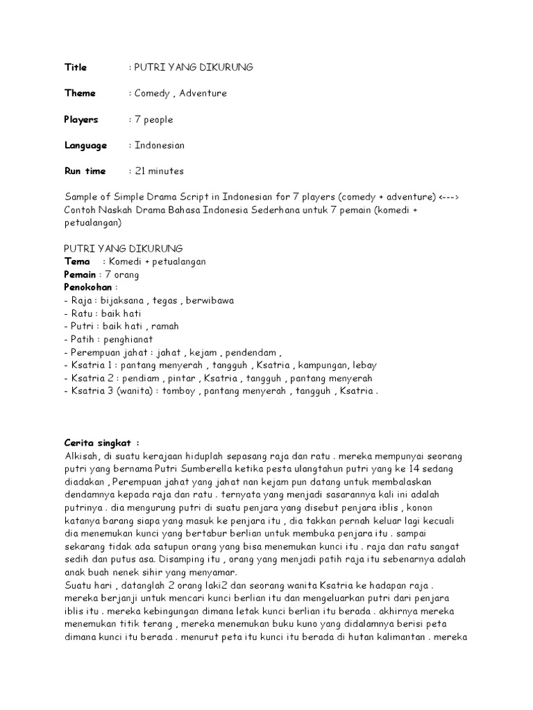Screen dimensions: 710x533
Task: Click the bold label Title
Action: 76,67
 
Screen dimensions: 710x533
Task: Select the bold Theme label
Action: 80,93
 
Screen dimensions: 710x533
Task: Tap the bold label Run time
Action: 85,171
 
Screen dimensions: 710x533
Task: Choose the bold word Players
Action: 81,119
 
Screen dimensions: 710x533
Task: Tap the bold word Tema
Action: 76,261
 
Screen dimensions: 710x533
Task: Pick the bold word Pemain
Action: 79,275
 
